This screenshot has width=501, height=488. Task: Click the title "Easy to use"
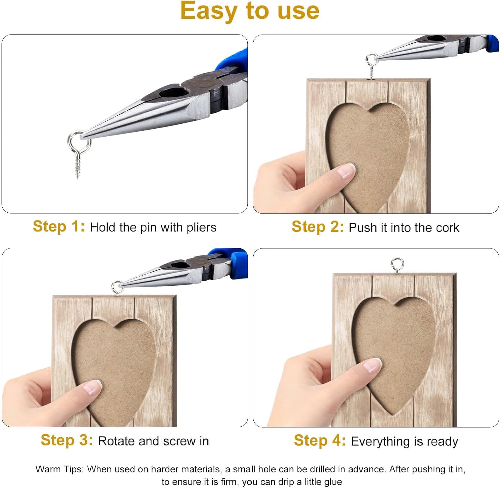tap(250, 11)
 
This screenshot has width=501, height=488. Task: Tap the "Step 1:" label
tap(59, 226)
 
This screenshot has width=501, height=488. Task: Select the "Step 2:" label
tap(318, 227)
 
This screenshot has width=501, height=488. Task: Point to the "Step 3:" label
tap(66, 440)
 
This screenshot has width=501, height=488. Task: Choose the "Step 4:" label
tap(320, 440)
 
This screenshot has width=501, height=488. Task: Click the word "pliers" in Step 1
tap(201, 228)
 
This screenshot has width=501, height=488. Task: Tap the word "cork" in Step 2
tap(447, 228)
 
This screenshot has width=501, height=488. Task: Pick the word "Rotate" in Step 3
tap(116, 441)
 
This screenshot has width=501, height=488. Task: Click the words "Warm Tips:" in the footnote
tap(60, 469)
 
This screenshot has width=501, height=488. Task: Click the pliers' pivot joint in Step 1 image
tap(202, 86)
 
